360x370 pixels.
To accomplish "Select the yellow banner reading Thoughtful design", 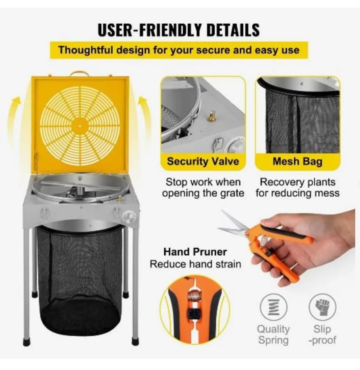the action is (179, 50).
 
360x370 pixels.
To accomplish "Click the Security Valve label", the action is (203, 162).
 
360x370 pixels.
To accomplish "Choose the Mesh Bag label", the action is (298, 162).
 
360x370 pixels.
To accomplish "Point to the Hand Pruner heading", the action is (195, 252).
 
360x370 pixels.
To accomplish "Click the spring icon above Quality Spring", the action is (273, 307).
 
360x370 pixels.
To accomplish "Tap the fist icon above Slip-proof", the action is (322, 307).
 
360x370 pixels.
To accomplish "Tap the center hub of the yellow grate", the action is (80, 126).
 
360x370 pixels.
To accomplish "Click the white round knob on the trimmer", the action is (129, 216).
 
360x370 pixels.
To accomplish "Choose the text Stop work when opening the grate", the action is (203, 188).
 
